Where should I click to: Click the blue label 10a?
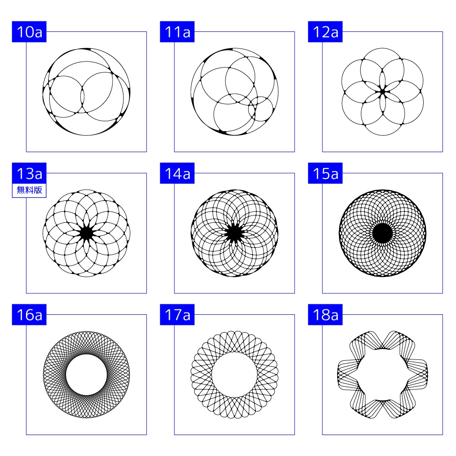[29, 32]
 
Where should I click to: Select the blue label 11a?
[177, 32]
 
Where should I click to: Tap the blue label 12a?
[325, 32]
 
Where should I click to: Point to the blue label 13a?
[29, 173]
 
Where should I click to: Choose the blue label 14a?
[177, 173]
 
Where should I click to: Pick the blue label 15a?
[325, 173]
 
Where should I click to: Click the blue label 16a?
[29, 315]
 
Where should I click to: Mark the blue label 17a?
[177, 315]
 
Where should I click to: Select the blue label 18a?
[325, 315]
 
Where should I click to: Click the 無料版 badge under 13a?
[29, 190]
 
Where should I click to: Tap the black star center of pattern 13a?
[87, 233]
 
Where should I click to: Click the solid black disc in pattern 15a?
[382, 233]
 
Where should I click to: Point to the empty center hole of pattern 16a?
[87, 374]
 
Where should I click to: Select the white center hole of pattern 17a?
[235, 374]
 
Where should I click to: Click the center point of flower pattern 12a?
[382, 92]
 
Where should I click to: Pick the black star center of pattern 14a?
[235, 233]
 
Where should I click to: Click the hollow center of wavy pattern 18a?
[382, 374]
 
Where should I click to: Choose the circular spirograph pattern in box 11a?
[235, 92]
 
